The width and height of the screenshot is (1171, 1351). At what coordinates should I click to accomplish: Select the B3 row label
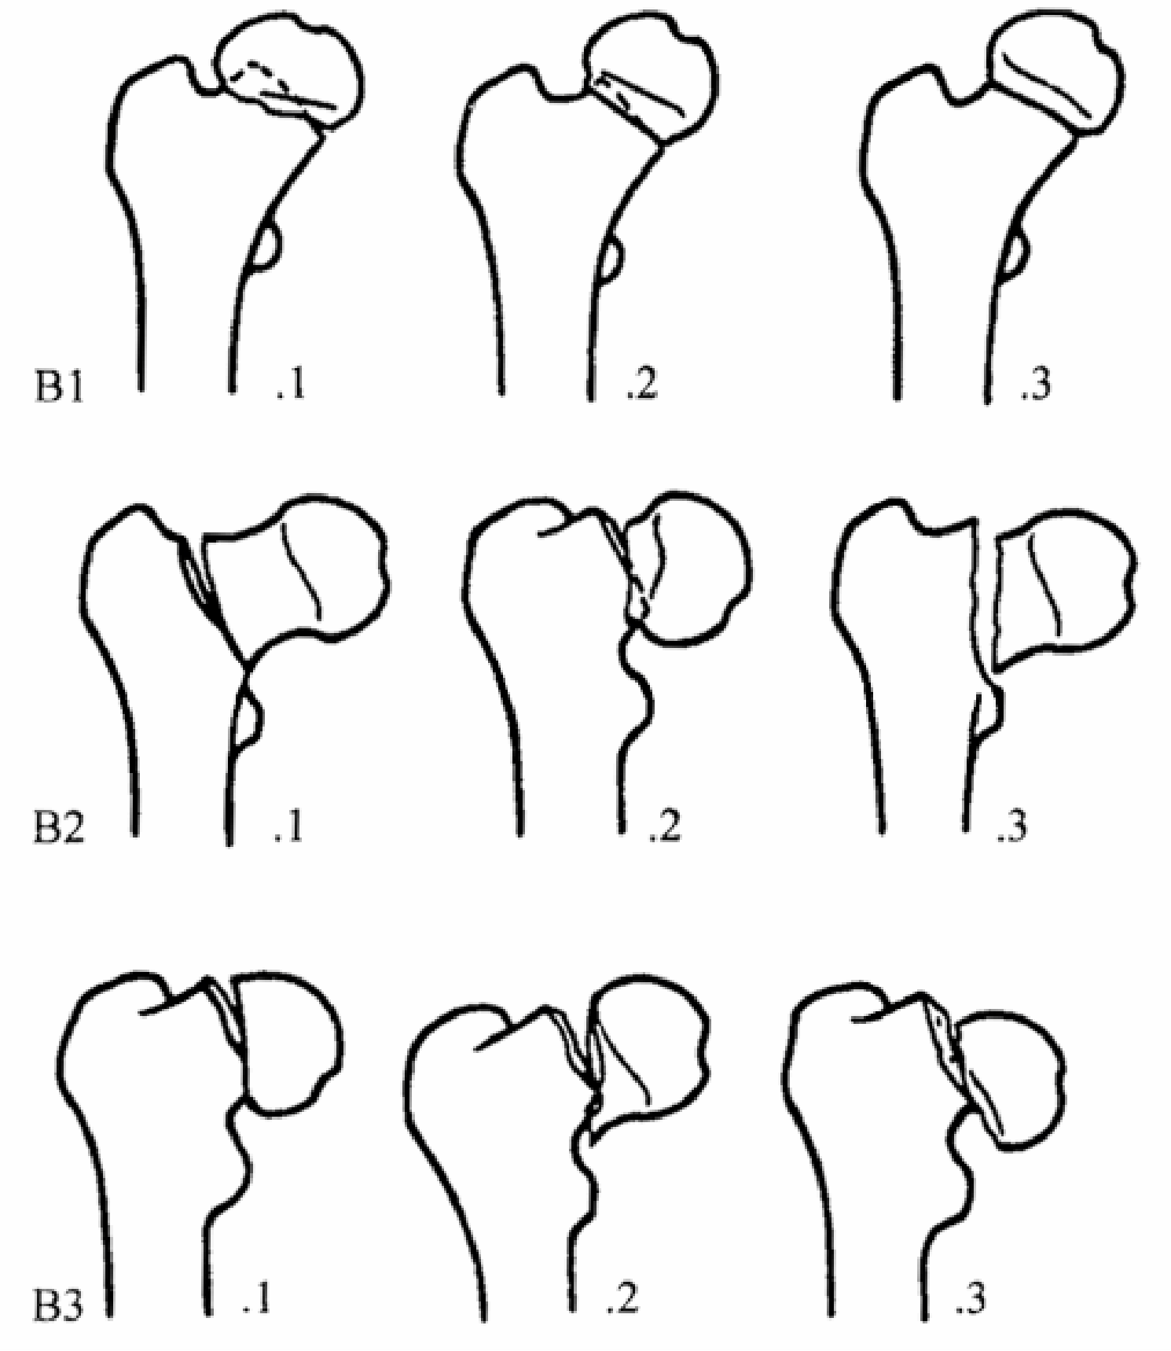pyautogui.click(x=58, y=1301)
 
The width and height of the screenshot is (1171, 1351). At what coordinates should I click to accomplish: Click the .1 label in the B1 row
pyautogui.click(x=289, y=386)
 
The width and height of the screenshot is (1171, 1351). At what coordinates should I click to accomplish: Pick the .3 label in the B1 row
pyautogui.click(x=1035, y=385)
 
